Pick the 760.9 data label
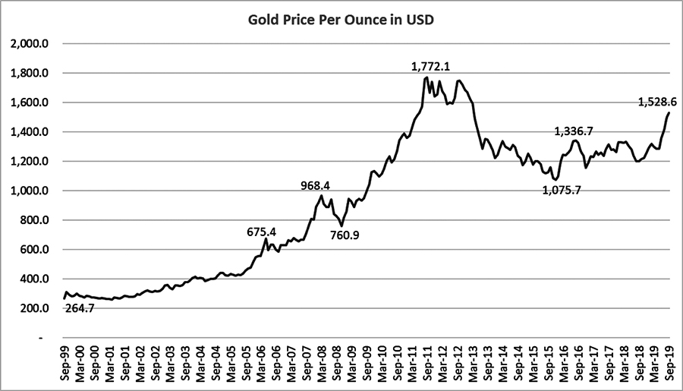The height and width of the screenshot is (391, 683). tap(345, 235)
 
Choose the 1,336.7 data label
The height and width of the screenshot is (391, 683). tap(574, 131)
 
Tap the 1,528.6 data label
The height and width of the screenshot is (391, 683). tap(656, 102)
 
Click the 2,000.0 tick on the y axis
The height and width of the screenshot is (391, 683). tap(30, 44)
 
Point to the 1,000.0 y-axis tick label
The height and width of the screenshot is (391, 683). tap(30, 191)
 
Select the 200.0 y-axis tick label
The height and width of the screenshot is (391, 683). tap(35, 309)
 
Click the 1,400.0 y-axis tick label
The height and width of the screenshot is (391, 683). tap(30, 132)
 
